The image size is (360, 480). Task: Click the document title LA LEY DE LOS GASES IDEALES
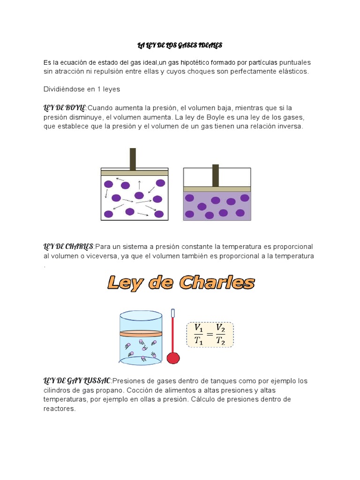pyautogui.click(x=180, y=45)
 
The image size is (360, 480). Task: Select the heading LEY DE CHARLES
pyautogui.click(x=68, y=247)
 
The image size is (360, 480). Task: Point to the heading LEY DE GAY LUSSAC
pyautogui.click(x=77, y=381)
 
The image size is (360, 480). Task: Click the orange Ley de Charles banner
pyautogui.click(x=181, y=283)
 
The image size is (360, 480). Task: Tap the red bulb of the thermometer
pyautogui.click(x=173, y=358)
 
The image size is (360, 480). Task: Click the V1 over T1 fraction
pyautogui.click(x=199, y=335)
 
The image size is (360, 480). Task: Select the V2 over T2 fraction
pyautogui.click(x=220, y=335)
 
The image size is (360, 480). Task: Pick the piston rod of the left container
pyautogui.click(x=133, y=159)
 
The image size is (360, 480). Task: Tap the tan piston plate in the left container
pyautogui.click(x=135, y=173)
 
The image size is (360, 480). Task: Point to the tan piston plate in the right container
pyautogui.click(x=217, y=189)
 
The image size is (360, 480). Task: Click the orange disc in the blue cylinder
pyautogui.click(x=141, y=334)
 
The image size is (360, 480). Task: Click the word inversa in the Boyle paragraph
pyautogui.click(x=291, y=126)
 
